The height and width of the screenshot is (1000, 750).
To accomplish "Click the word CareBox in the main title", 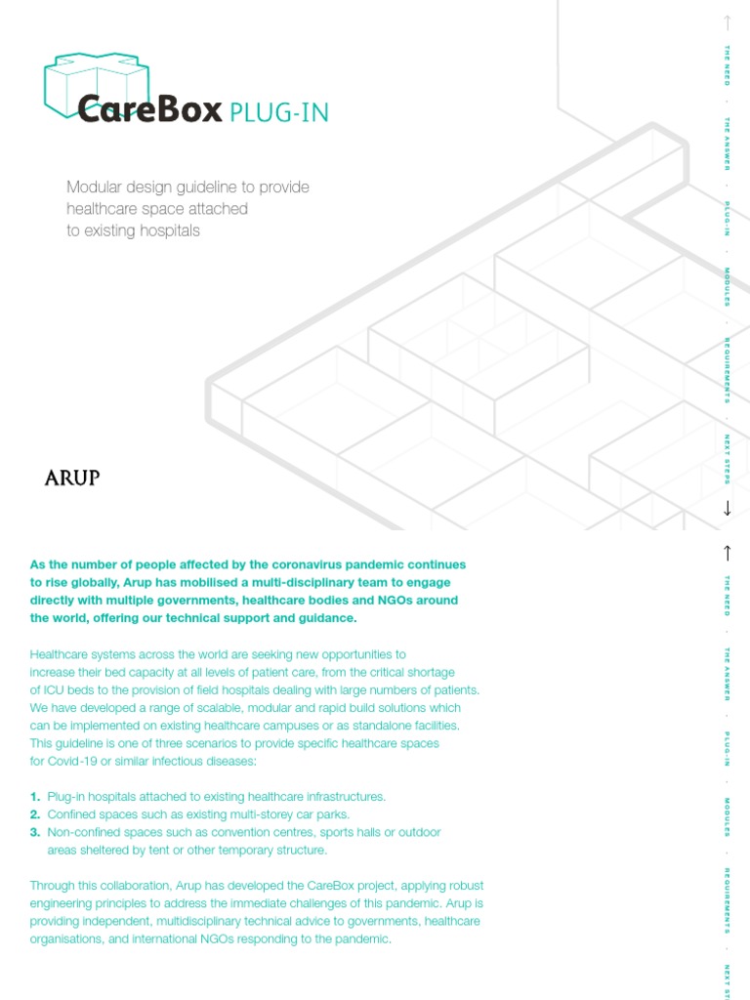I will point(149,110).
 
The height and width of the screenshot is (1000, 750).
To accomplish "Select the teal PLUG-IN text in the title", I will point(279,113).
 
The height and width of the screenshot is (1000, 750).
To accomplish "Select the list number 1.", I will point(35,797).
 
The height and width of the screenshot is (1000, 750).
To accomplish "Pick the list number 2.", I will point(35,814).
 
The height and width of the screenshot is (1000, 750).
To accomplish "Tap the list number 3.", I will point(35,832).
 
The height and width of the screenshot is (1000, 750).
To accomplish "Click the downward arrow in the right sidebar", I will point(727,508).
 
